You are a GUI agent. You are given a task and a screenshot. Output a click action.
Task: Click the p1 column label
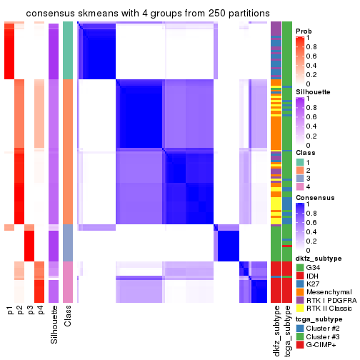coord(10,310)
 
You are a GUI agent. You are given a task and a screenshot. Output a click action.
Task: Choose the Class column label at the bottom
coord(68,314)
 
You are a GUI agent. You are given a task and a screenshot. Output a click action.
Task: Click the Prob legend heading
coord(304,31)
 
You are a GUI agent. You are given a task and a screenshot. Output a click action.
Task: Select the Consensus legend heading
coord(315,197)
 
